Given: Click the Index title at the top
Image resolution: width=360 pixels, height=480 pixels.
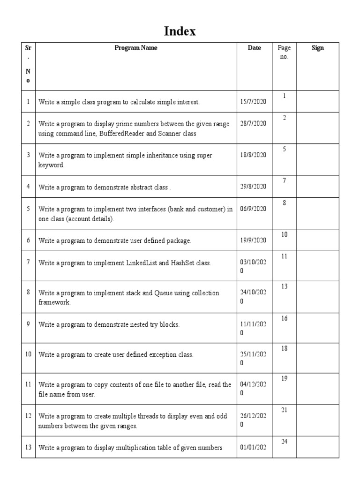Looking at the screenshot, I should (180, 31).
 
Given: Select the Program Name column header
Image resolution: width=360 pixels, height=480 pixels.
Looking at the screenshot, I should (136, 48).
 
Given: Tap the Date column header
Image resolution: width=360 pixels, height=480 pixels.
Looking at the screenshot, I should (254, 48).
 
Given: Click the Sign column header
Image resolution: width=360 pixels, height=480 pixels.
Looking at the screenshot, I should (317, 48).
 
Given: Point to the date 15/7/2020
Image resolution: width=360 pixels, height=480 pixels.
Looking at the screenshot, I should (253, 102).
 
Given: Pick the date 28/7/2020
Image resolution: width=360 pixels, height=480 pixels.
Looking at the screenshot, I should (253, 124).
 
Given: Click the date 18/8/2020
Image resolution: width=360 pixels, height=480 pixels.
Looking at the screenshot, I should (253, 155).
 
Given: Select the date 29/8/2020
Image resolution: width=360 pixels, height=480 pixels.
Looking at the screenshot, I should (253, 187).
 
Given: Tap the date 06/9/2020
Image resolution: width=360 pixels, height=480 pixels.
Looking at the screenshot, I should (253, 209).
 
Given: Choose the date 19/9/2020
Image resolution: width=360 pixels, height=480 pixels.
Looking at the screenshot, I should (253, 240).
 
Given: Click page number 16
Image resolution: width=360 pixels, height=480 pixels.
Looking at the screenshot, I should (284, 319).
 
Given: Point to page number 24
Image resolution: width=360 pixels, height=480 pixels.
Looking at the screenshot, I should (284, 442).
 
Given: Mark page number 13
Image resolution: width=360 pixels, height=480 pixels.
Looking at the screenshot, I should (284, 286).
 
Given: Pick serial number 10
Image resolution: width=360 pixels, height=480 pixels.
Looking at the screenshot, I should (28, 354).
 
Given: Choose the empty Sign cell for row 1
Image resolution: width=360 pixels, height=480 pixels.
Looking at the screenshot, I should (317, 101).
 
